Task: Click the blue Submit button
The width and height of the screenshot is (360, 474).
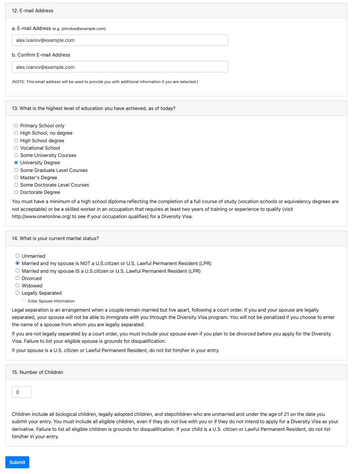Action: [17, 462]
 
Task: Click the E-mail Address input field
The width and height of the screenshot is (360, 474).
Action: [120, 40]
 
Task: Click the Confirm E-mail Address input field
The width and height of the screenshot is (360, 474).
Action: [120, 67]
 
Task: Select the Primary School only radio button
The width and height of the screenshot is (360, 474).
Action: [16, 126]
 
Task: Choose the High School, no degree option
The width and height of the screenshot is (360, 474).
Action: [16, 133]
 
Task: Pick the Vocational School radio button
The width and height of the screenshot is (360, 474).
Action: [16, 148]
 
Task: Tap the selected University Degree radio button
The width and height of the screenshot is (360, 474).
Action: [16, 163]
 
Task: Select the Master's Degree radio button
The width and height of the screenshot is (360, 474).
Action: [16, 178]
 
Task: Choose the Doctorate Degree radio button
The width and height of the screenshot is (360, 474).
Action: [16, 192]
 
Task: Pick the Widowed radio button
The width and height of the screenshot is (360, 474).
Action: [17, 286]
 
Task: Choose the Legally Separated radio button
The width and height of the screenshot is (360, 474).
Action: [17, 293]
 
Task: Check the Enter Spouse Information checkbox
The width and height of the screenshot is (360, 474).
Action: [24, 300]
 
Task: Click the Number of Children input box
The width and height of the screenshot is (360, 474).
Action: [22, 392]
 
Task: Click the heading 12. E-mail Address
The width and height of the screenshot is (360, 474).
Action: [33, 11]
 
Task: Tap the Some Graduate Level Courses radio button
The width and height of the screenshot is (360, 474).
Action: [16, 170]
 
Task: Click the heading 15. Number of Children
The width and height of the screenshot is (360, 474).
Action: [37, 372]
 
